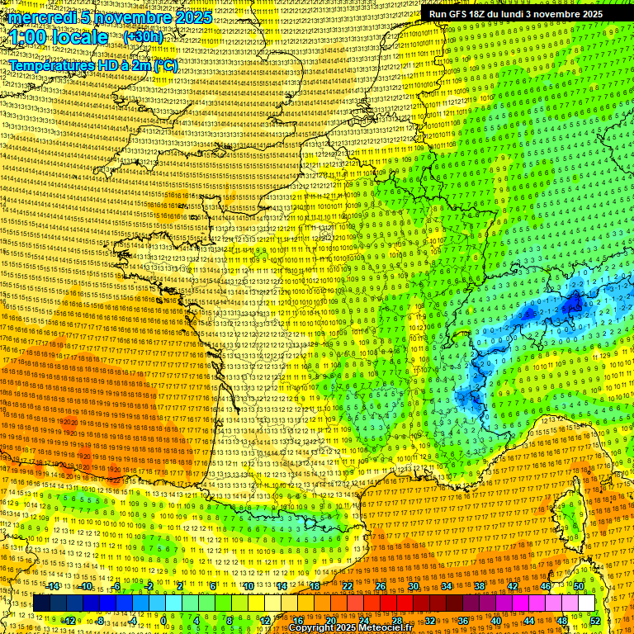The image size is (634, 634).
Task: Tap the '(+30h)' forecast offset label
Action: pos(143,36)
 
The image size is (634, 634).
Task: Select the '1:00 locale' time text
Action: pos(59,37)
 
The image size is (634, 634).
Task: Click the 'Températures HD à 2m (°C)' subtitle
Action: pos(92,65)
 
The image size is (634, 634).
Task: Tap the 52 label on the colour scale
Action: pos(595,620)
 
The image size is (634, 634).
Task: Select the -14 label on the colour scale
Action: pos(53,585)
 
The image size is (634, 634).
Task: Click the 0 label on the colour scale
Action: pos(164,620)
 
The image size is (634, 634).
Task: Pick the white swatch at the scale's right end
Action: pos(586,603)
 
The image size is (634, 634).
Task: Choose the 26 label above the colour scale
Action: pos(381,585)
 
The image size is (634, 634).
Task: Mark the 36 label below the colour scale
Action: pos(463,620)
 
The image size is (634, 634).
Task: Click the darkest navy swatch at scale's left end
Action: pos(41,603)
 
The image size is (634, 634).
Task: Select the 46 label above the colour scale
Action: pos(546,585)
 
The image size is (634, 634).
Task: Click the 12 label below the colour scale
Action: pos(265,620)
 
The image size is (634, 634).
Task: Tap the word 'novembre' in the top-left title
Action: pos(127,17)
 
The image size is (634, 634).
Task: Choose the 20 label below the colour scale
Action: pos(331,620)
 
